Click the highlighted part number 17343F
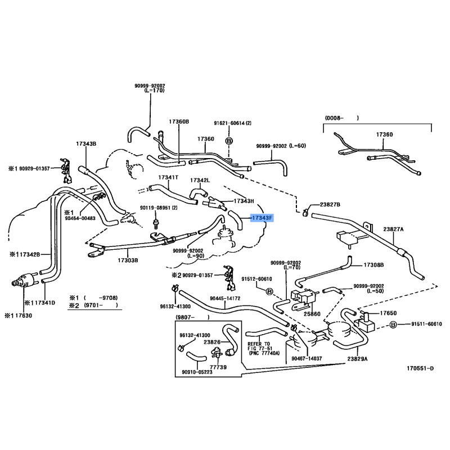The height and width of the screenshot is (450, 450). pyautogui.click(x=262, y=217)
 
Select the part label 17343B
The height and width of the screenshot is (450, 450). pyautogui.click(x=86, y=144)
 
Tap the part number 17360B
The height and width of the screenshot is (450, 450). pyautogui.click(x=179, y=121)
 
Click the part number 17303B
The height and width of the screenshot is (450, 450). pyautogui.click(x=128, y=260)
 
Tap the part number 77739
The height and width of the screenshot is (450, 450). pyautogui.click(x=219, y=367)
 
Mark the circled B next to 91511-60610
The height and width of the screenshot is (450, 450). pyautogui.click(x=393, y=325)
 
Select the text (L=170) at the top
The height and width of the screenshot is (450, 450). pyautogui.click(x=150, y=91)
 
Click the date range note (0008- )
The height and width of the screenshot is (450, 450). pyautogui.click(x=341, y=118)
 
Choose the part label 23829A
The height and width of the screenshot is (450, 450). pyautogui.click(x=357, y=358)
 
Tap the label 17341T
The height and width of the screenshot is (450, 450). pyautogui.click(x=168, y=177)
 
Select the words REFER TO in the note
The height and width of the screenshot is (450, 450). pyautogui.click(x=259, y=344)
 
